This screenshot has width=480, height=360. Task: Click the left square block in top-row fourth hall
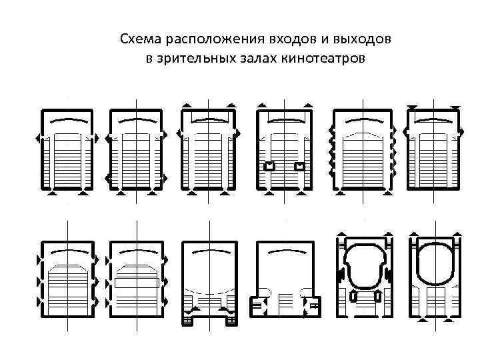tap(269, 166)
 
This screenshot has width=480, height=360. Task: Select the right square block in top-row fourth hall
tap(301, 166)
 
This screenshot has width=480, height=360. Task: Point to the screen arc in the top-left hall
tap(68, 121)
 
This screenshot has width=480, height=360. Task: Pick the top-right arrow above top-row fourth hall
tap(307, 105)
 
